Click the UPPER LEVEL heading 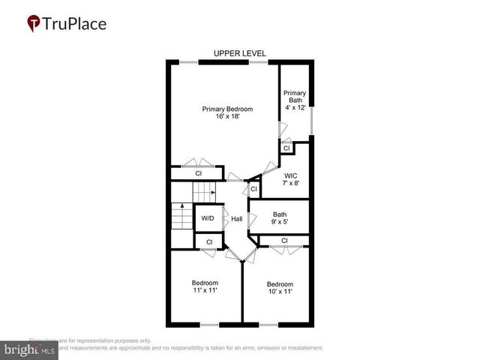[x=240, y=53]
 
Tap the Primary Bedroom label [x=227, y=109]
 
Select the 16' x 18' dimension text [x=227, y=117]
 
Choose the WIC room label [x=291, y=175]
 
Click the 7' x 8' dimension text [x=291, y=184]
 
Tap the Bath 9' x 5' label [x=279, y=217]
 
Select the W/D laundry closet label [x=208, y=219]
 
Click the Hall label [x=236, y=219]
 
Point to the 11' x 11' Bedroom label [x=204, y=286]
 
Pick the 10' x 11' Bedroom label [x=280, y=288]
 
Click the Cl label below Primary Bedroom [x=199, y=173]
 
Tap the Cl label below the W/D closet [x=209, y=241]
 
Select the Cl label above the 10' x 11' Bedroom [x=284, y=241]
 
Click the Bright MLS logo [x=30, y=349]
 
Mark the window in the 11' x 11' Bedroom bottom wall [x=208, y=324]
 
